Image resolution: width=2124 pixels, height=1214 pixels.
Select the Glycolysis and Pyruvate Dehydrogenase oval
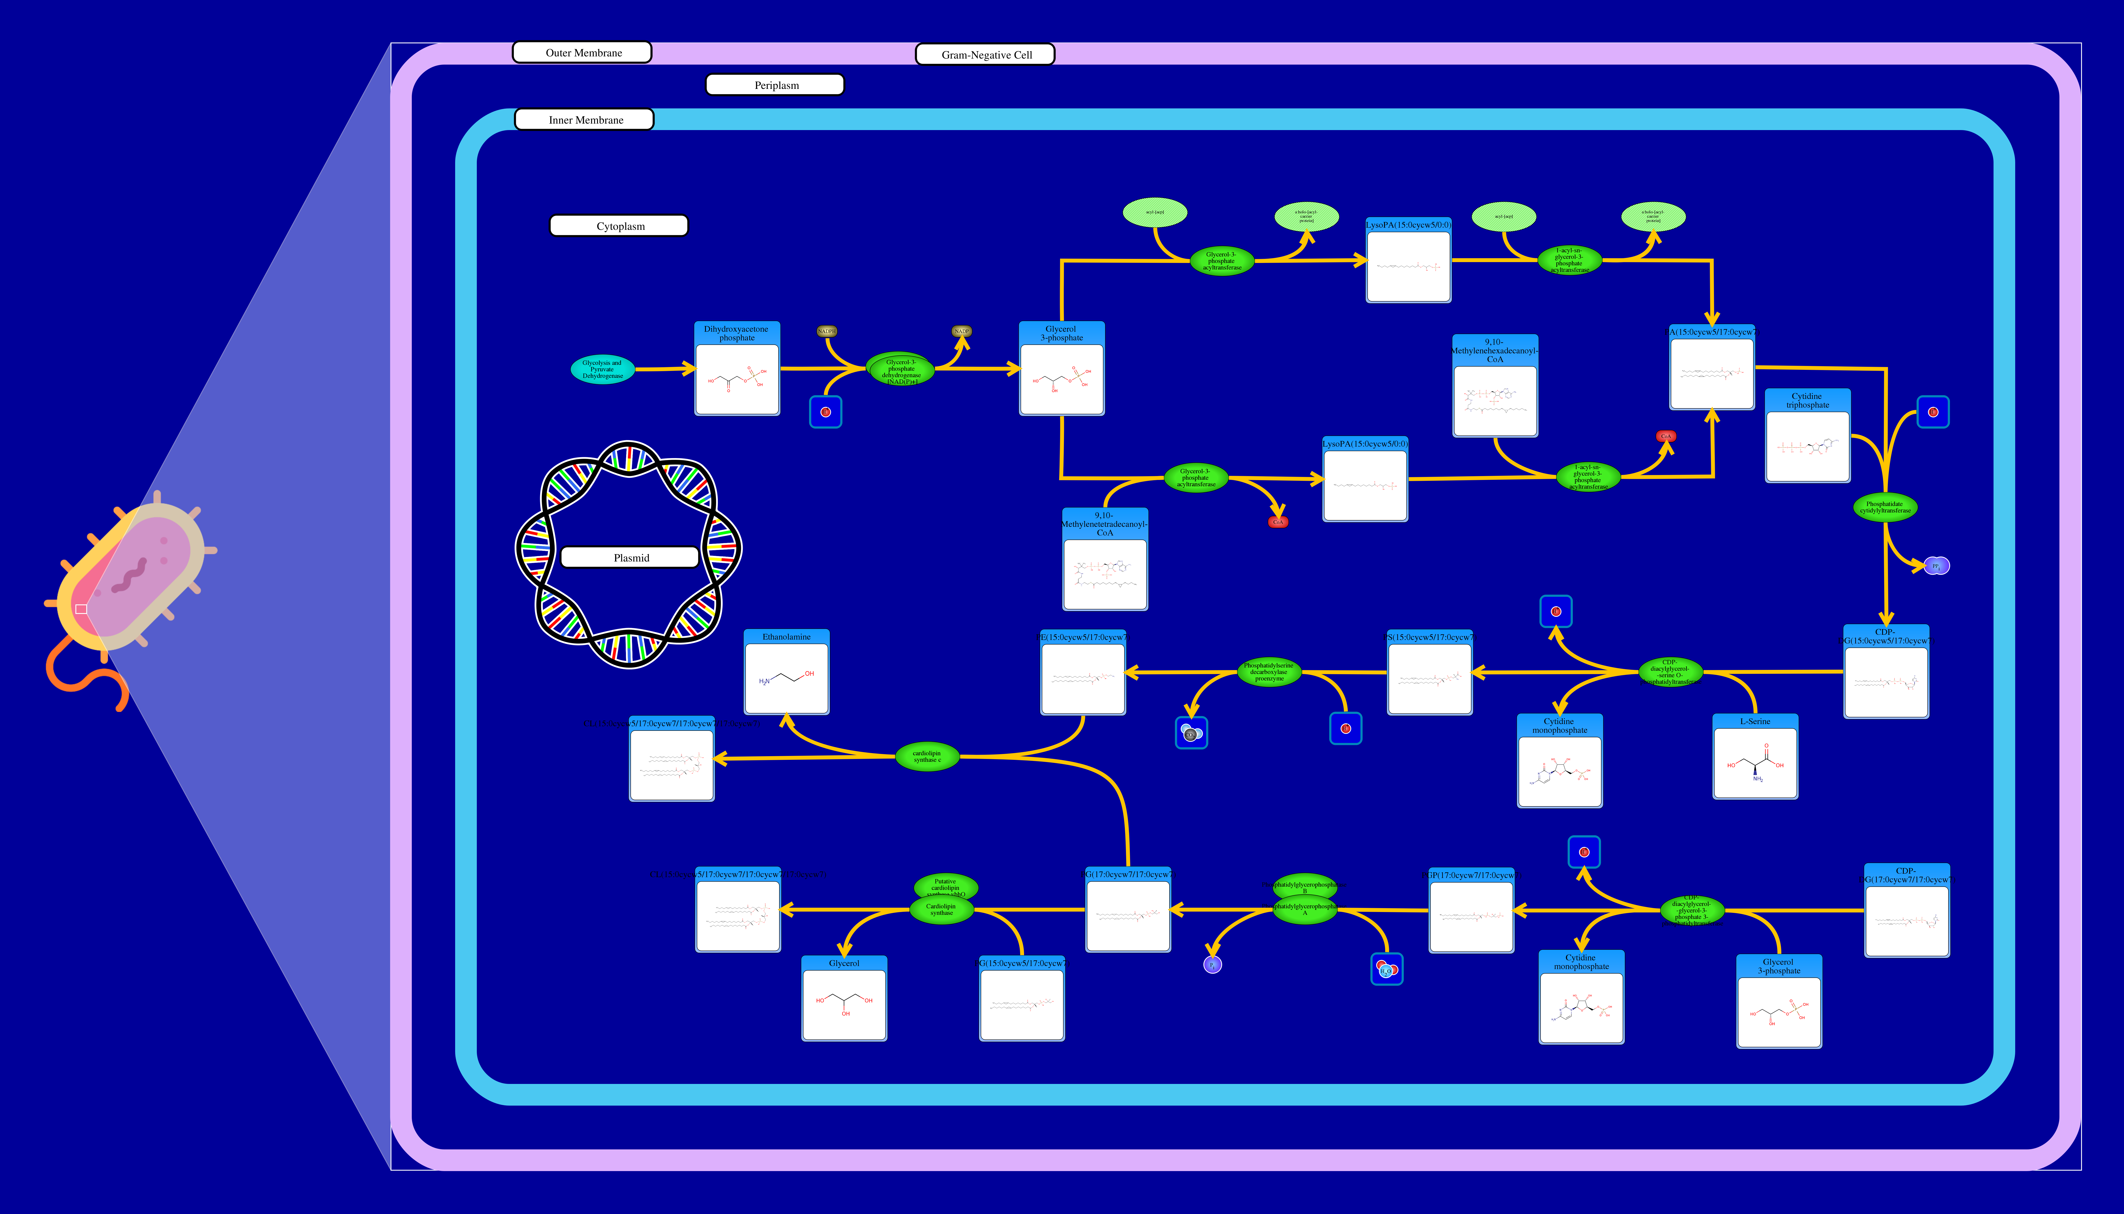coord(602,369)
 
